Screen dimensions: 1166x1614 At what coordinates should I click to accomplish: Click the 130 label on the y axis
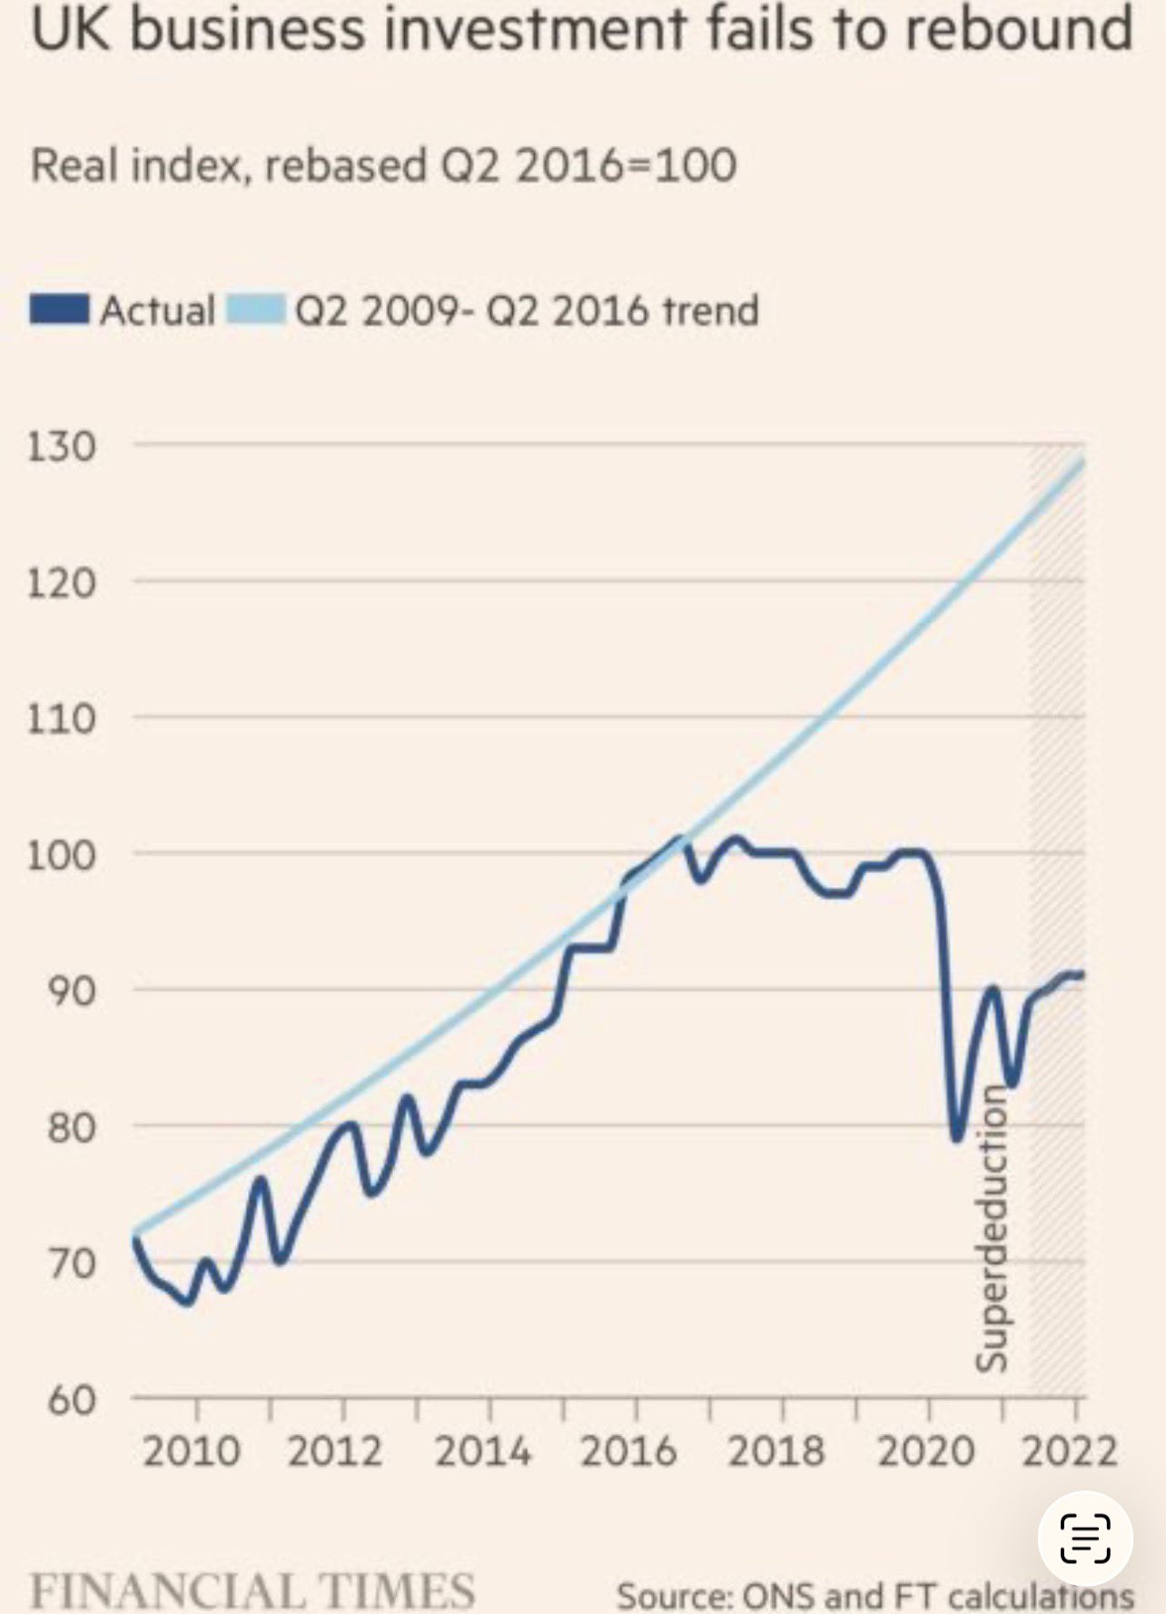click(x=61, y=447)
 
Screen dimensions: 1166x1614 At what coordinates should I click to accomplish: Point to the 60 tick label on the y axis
click(x=72, y=1400)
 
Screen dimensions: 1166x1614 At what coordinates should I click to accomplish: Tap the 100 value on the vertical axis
click(x=61, y=855)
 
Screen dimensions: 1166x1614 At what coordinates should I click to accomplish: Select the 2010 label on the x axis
click(x=192, y=1451)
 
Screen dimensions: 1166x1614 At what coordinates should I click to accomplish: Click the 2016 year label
click(x=628, y=1451)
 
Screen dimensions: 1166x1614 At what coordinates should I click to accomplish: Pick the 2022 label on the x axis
click(x=1069, y=1451)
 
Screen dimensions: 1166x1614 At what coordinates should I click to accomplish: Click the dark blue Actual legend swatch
click(x=59, y=309)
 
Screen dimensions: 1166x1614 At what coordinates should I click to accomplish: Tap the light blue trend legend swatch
click(x=255, y=309)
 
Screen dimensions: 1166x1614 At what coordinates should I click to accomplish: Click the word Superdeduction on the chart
click(x=992, y=1228)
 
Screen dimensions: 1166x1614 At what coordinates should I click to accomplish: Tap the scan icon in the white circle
click(x=1085, y=1538)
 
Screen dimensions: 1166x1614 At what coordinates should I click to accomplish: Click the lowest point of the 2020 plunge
click(x=956, y=1139)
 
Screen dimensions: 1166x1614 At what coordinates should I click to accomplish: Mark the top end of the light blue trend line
click(x=1082, y=462)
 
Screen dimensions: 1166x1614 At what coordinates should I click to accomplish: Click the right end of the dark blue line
click(x=1081, y=975)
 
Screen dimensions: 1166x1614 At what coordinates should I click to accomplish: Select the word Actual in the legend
click(x=157, y=310)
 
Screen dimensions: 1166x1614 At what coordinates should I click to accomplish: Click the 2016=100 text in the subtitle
click(x=627, y=165)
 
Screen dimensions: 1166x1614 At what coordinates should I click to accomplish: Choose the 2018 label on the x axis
click(x=776, y=1451)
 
